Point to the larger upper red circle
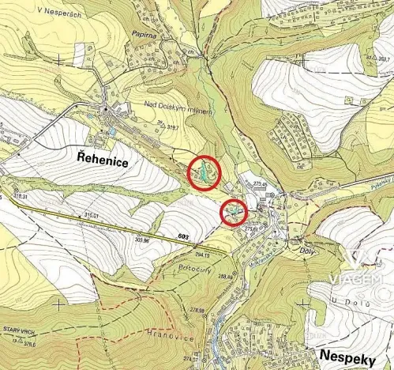(204, 172)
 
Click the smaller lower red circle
(233, 212)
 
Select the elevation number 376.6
(27, 345)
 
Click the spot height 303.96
(143, 238)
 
